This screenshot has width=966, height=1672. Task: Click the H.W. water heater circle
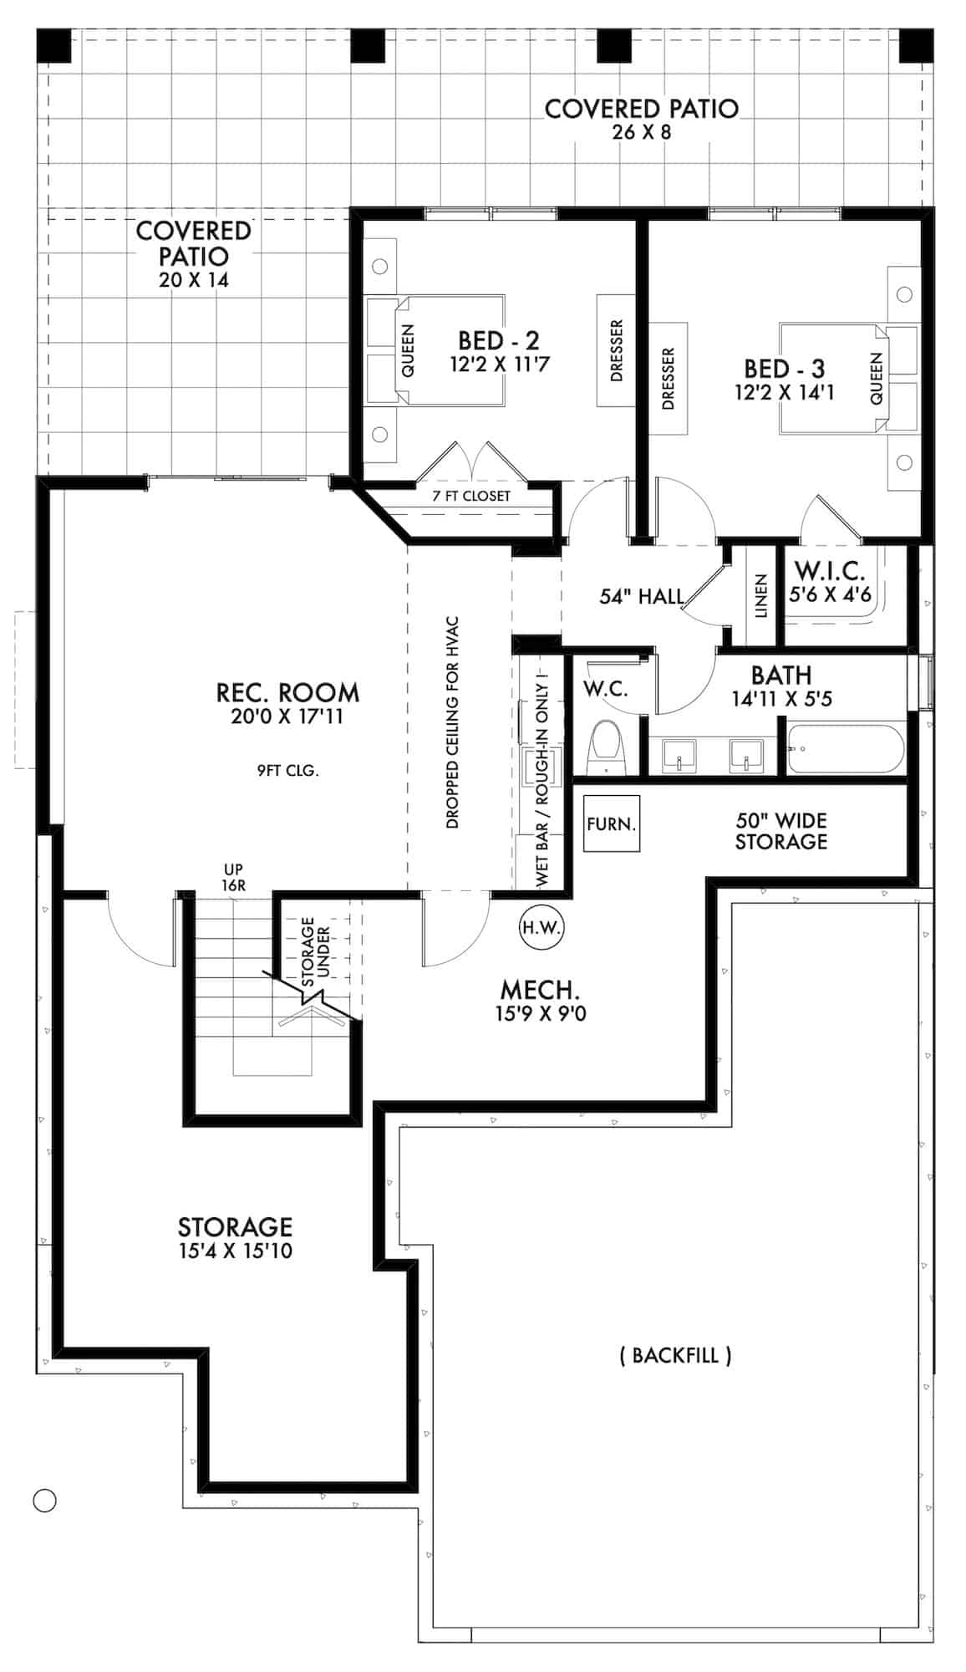[x=542, y=927]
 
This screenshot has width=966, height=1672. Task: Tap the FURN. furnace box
[x=612, y=823]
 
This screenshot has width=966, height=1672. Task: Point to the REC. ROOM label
[x=287, y=692]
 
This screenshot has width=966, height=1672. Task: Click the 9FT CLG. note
[x=287, y=771]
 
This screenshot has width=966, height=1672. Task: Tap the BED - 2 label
[x=498, y=340]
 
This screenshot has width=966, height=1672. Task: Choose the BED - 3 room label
[x=784, y=369]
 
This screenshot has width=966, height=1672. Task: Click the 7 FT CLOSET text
[x=471, y=496]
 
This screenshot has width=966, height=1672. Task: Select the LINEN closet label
[x=760, y=595]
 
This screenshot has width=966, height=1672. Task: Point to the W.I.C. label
[x=830, y=571]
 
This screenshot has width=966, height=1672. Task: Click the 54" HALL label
[x=642, y=596]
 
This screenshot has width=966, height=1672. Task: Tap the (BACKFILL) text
[x=675, y=1355]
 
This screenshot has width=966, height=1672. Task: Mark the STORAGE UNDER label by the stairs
[x=316, y=951]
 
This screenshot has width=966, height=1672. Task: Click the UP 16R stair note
[x=234, y=878]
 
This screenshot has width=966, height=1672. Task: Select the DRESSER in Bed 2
[x=617, y=351]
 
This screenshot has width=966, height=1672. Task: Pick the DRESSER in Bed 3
[x=668, y=379]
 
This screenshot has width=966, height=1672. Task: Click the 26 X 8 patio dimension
[x=641, y=131]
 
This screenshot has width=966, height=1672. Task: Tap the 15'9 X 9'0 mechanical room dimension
[x=539, y=1014]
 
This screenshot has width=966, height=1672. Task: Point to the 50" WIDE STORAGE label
[x=780, y=831]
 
